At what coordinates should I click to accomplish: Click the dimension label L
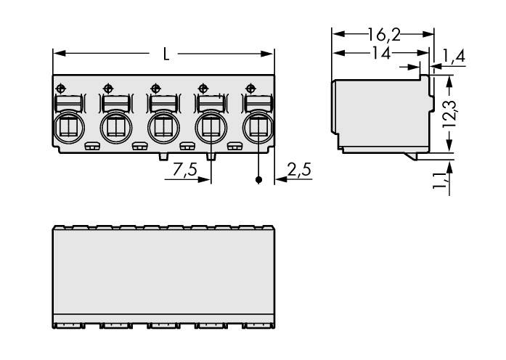tap(166, 55)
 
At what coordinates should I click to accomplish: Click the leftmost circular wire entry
tap(68, 128)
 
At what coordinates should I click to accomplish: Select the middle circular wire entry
tap(163, 128)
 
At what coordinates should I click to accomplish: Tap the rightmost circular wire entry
tap(257, 128)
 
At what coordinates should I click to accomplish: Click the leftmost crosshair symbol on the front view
tap(60, 88)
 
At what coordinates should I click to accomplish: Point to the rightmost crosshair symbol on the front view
tap(251, 88)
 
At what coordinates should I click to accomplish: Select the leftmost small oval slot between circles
tap(91, 147)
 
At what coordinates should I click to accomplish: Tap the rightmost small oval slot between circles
tap(234, 147)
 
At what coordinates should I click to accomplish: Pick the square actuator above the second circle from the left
tap(114, 102)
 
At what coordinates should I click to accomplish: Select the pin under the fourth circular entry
tap(211, 156)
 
